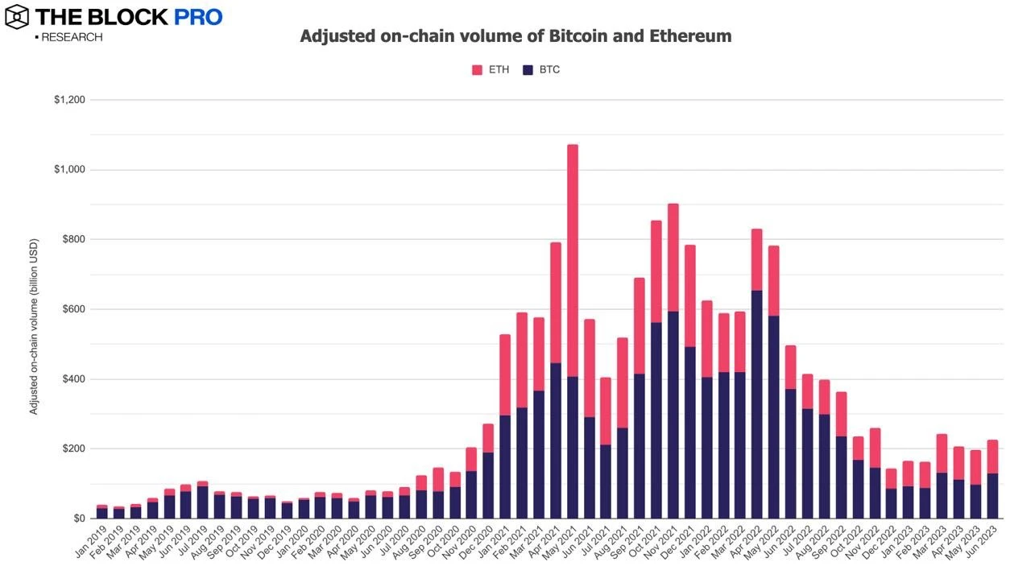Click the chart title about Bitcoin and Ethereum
[x=515, y=36]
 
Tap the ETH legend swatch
[x=477, y=70]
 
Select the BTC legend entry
[x=541, y=70]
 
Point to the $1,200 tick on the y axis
[x=70, y=100]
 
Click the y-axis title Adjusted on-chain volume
[x=34, y=326]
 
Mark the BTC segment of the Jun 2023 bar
[x=992, y=496]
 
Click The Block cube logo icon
[x=17, y=16]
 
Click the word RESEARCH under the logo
[x=71, y=37]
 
